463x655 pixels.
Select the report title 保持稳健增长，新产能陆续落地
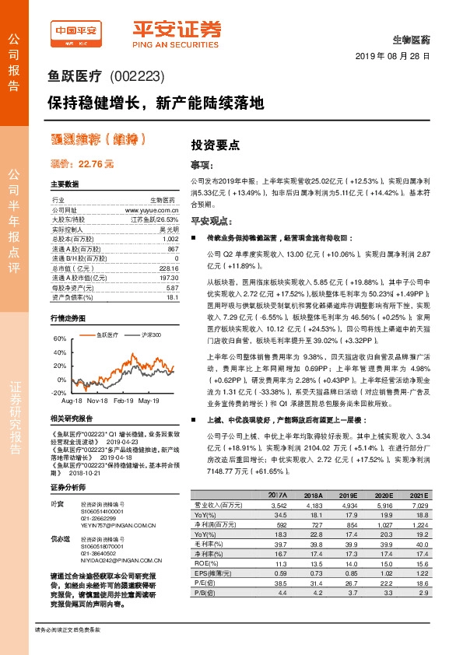pyautogui.click(x=156, y=103)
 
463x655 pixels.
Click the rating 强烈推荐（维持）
pyautogui.click(x=97, y=140)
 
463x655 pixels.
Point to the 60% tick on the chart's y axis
pyautogui.click(x=60, y=340)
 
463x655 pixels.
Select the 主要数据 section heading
pyautogui.click(x=65, y=184)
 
